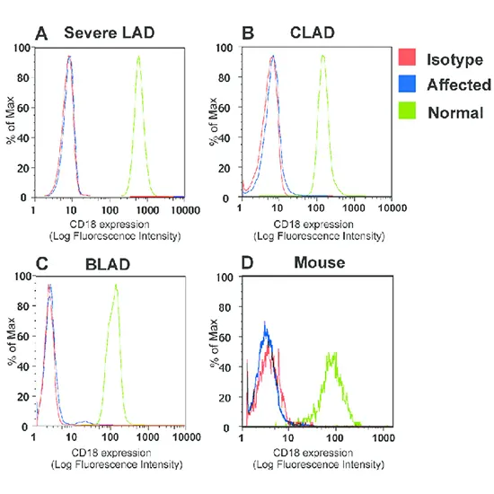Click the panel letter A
coord(40,34)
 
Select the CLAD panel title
coord(313,33)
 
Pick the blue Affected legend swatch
coord(407,85)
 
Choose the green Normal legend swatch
coord(407,112)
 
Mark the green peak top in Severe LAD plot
coord(138,57)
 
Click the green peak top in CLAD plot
coord(322,56)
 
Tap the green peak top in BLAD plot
coord(116,286)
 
